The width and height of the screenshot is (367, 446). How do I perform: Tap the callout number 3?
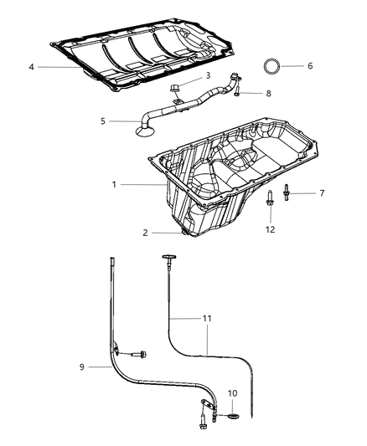tap(208, 76)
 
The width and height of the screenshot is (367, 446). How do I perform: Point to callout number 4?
tap(30, 67)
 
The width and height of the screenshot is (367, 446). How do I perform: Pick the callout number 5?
tap(103, 121)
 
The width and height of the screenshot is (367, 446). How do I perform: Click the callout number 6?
tap(309, 65)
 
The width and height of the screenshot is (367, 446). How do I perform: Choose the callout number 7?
tap(323, 192)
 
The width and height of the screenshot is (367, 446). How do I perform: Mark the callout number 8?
tap(269, 94)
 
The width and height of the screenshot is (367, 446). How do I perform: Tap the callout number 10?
tap(232, 392)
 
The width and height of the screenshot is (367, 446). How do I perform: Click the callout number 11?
tap(207, 319)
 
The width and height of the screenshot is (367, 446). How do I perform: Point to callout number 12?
tap(270, 229)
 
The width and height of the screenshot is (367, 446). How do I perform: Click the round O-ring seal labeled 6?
tap(273, 65)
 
